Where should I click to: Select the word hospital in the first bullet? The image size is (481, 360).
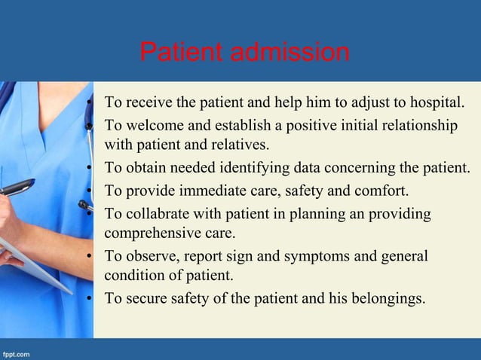(441, 101)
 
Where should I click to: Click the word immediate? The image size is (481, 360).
(207, 189)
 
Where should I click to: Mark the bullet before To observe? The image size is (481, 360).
(89, 257)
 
